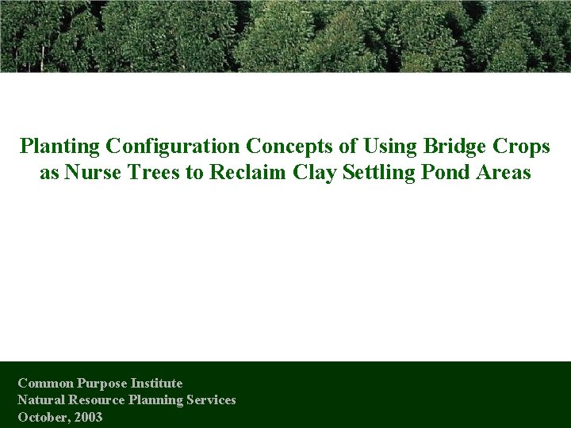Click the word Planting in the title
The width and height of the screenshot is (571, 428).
click(x=59, y=147)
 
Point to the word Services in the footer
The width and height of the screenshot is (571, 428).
click(x=209, y=400)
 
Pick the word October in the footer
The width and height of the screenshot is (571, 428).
click(x=42, y=417)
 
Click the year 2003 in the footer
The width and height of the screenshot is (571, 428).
click(x=88, y=417)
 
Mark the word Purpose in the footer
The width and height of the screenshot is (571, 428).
click(x=101, y=384)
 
